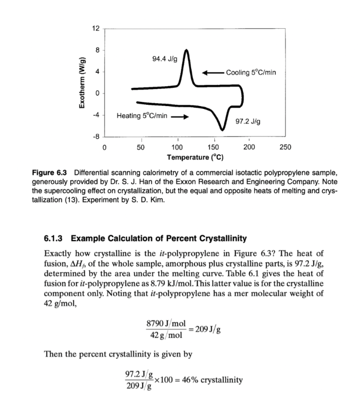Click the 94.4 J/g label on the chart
[x=164, y=59]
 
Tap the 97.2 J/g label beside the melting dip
[x=247, y=121]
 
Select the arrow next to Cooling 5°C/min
[x=212, y=72]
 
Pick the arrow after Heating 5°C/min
[x=179, y=116]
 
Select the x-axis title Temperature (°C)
[x=195, y=157]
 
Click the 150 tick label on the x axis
[x=214, y=147]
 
